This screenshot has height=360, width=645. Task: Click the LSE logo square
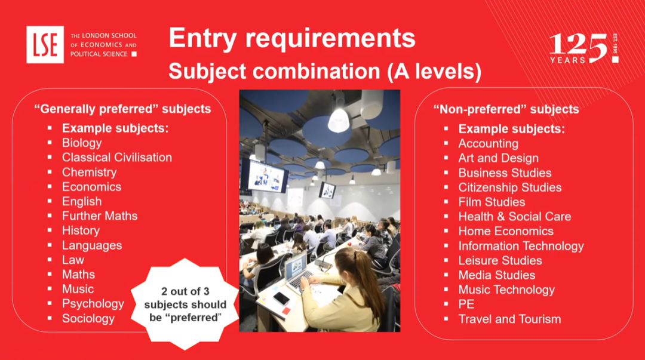(45, 44)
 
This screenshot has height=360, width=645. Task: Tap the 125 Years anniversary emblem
(583, 48)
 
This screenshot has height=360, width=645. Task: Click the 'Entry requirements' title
(292, 38)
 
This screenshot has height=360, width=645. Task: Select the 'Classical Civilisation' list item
(117, 157)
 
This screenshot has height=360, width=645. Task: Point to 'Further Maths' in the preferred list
(100, 216)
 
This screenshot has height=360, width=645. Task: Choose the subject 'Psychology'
(93, 304)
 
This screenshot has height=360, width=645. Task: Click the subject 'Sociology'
(88, 318)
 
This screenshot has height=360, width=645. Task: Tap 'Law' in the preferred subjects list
(73, 260)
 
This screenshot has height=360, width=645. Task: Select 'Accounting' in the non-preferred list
(489, 144)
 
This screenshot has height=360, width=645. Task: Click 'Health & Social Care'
(515, 216)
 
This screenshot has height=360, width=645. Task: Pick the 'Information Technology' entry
(521, 246)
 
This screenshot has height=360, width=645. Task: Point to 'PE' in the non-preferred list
(466, 304)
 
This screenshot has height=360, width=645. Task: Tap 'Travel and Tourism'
(509, 319)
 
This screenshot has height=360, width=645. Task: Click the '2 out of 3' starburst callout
(185, 304)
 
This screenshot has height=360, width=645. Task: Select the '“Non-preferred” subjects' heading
(506, 109)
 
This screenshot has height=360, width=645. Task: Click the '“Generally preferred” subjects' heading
(122, 109)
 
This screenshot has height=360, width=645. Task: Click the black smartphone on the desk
(281, 299)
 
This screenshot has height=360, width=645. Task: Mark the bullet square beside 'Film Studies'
(446, 202)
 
